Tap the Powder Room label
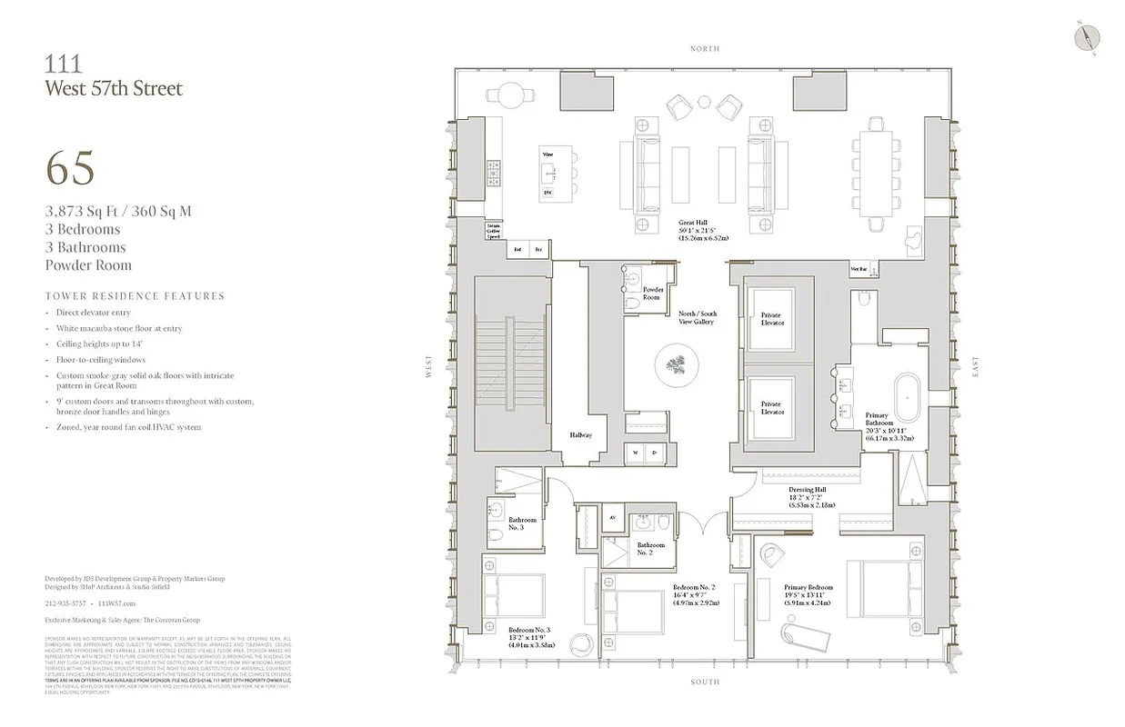[652, 294]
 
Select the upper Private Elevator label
[771, 319]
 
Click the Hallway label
[580, 434]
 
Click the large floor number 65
[70, 168]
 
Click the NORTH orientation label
[704, 48]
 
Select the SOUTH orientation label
[704, 682]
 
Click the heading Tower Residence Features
[135, 296]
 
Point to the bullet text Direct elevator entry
[94, 313]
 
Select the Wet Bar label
[859, 269]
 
